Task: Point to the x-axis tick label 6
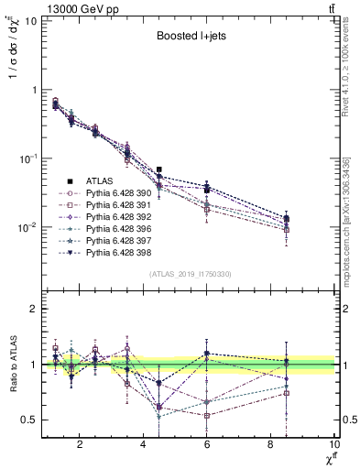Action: pyautogui.click(x=208, y=446)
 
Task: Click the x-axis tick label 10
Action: pyautogui.click(x=333, y=446)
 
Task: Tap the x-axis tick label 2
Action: pyautogui.click(x=80, y=446)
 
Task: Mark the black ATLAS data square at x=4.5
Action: pyautogui.click(x=159, y=169)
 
